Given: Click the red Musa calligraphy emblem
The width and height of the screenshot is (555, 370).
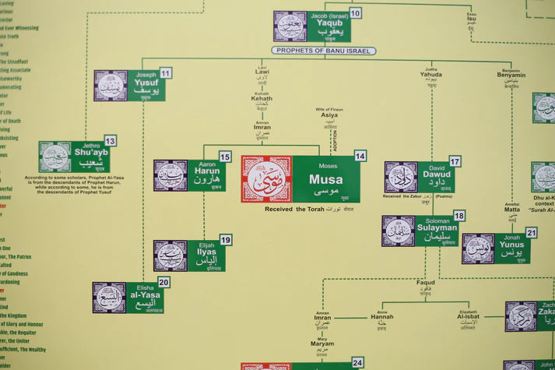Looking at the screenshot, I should [266, 179].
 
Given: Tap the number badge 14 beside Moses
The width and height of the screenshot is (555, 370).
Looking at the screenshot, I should [360, 156].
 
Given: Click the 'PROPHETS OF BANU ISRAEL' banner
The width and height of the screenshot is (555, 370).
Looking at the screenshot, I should [324, 51].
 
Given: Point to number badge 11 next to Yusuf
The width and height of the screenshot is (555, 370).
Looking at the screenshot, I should [166, 73].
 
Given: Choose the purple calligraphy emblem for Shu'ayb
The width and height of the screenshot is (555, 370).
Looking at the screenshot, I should [55, 157].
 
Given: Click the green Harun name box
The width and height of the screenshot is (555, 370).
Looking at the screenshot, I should [206, 175].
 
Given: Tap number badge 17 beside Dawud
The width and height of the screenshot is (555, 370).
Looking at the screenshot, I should [455, 161].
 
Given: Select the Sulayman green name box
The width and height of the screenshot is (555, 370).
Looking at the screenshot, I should [436, 231].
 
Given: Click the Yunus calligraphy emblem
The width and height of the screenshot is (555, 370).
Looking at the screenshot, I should [478, 248].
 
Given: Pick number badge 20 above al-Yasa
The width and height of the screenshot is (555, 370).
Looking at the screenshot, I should [163, 282].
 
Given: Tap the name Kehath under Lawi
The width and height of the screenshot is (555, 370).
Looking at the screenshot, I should [262, 98].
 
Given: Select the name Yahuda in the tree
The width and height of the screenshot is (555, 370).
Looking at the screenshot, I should [430, 75].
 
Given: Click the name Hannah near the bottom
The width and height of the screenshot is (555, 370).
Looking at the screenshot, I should [381, 317].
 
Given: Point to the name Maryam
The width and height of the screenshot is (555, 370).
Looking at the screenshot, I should [322, 344].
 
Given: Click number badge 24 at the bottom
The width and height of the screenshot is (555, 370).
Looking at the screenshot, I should [357, 363].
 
